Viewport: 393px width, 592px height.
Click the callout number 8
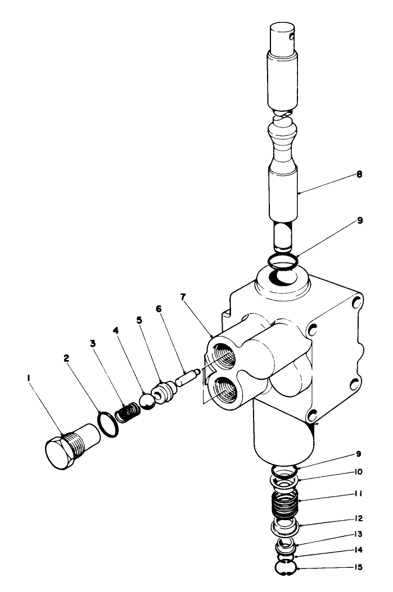pos(358,175)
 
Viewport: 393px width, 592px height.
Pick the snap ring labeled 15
pos(286,567)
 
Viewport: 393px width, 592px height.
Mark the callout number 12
pos(358,518)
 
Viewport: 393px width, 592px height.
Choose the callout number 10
pos(358,471)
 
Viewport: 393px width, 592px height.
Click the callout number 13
pos(358,534)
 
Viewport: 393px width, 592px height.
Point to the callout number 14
pos(358,551)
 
